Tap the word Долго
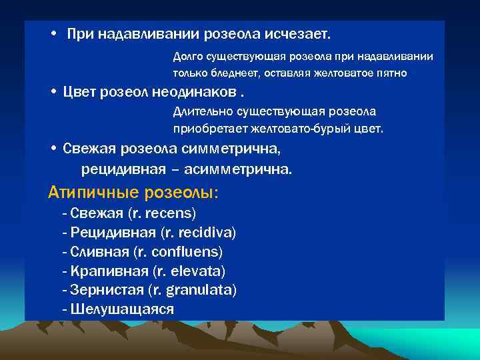188,57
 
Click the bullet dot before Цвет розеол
53,91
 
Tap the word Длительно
200,111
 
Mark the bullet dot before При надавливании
53,33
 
